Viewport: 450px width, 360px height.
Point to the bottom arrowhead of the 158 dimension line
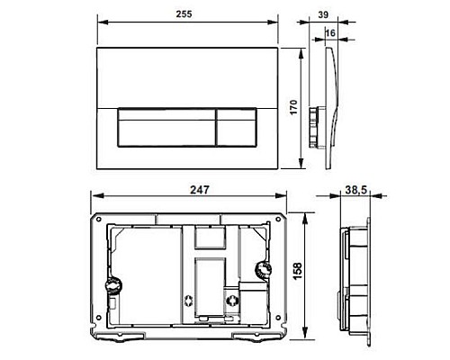[x=311, y=339]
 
